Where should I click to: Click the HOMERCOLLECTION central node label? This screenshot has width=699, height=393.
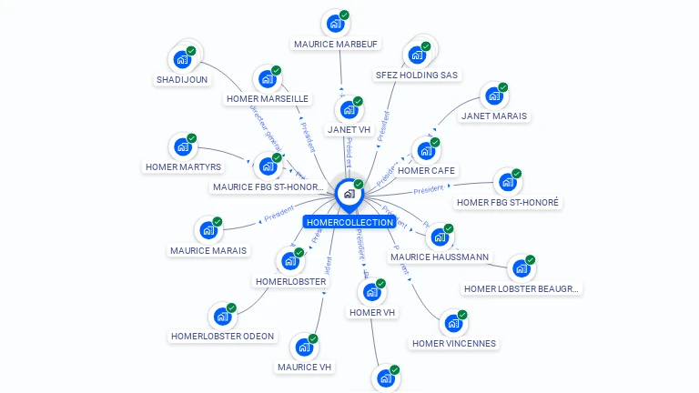(350, 222)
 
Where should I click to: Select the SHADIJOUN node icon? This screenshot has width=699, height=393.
(182, 60)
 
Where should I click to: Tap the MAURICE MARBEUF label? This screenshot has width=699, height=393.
(337, 44)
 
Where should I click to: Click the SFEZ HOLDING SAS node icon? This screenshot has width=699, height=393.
(417, 55)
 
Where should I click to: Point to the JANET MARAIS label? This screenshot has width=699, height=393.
(494, 116)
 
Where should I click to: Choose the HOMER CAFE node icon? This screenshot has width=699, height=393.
(426, 150)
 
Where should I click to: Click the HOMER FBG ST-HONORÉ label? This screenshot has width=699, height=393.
(508, 202)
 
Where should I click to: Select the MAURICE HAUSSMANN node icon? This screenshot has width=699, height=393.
(440, 237)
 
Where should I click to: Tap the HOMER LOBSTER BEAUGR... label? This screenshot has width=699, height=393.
(522, 288)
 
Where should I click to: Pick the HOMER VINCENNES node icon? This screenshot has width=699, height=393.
(453, 323)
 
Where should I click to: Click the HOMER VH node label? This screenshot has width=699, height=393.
(372, 313)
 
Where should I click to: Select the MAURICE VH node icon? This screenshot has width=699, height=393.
(304, 348)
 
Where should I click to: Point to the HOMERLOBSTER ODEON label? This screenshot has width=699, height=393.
(222, 336)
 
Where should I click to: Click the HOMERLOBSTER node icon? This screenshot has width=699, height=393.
(290, 261)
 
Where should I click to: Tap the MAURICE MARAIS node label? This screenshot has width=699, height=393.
(208, 250)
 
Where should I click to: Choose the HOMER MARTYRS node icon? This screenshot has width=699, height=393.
(183, 146)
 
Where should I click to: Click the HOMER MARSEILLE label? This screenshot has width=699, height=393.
(268, 98)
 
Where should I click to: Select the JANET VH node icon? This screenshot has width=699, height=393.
(349, 110)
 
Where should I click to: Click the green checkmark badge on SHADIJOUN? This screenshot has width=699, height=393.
(191, 51)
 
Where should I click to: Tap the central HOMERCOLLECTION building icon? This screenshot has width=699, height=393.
(349, 193)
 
